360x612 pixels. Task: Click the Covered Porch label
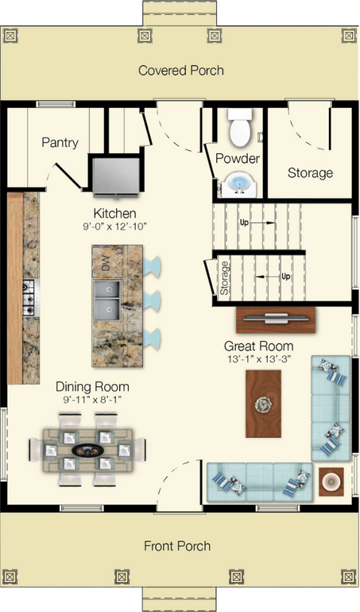pyautogui.click(x=181, y=71)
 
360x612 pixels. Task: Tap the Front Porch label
pyautogui.click(x=177, y=546)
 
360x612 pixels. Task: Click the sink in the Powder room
pyautogui.click(x=238, y=185)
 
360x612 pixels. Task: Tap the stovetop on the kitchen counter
pyautogui.click(x=29, y=296)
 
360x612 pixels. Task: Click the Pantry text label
pyautogui.click(x=60, y=143)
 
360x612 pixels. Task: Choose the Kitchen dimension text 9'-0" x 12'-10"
pyautogui.click(x=115, y=227)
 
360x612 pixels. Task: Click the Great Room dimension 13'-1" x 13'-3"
pyautogui.click(x=258, y=358)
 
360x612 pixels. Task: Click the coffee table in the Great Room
pyautogui.click(x=263, y=405)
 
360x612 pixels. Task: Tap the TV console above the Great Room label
pyautogui.click(x=273, y=320)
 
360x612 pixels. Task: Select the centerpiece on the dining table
pyautogui.click(x=88, y=450)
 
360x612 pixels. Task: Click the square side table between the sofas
pyautogui.click(x=331, y=479)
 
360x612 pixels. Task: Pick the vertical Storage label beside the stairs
pyautogui.click(x=225, y=279)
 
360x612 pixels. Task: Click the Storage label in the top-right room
pyautogui.click(x=310, y=172)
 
